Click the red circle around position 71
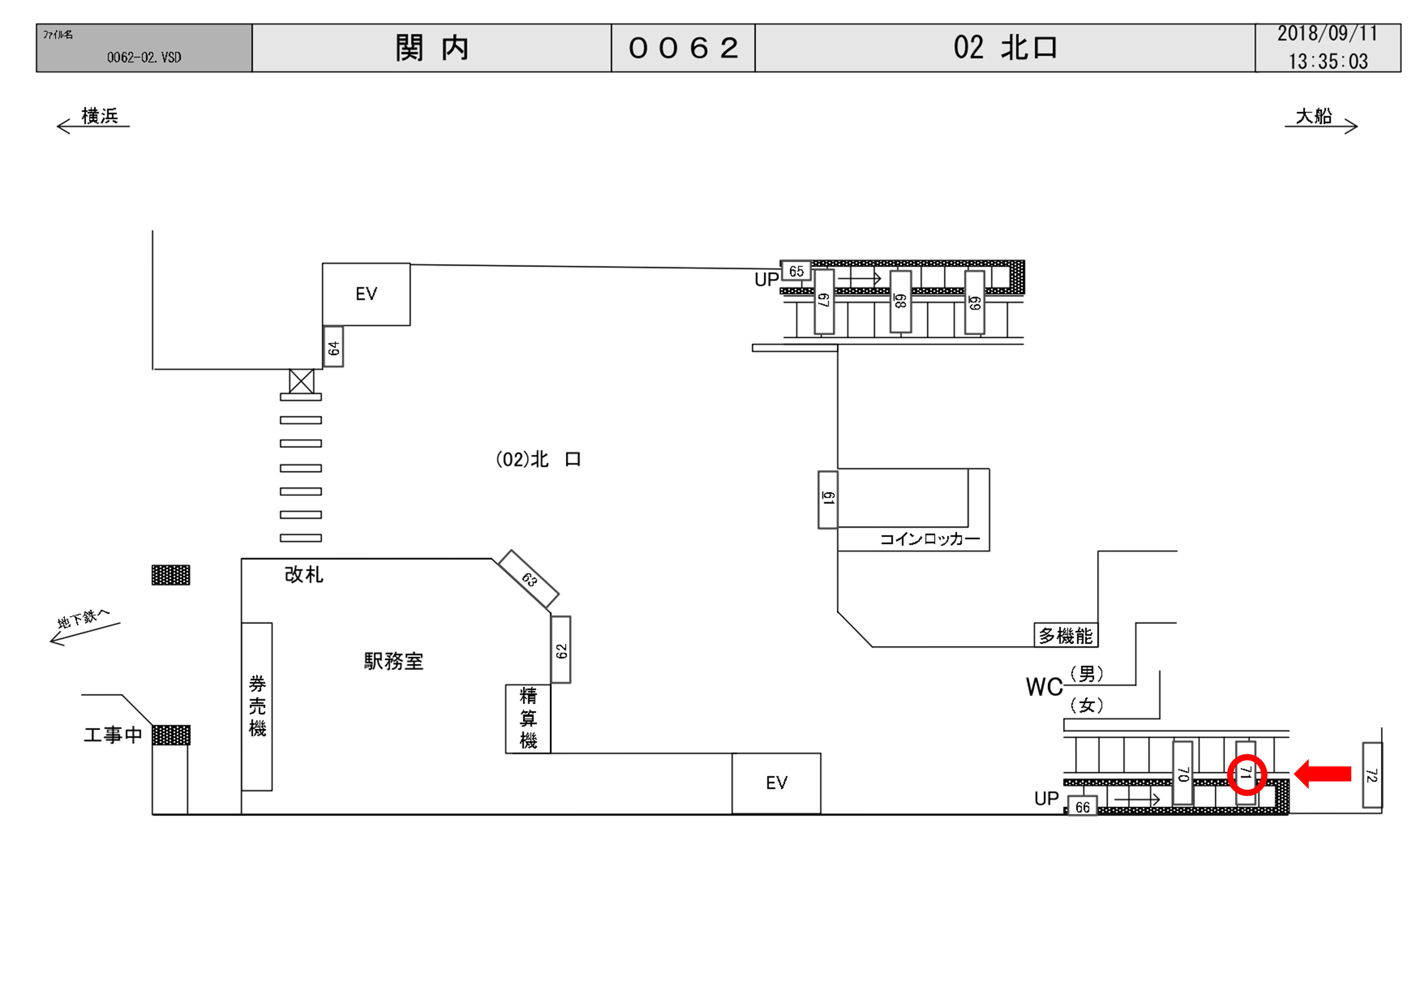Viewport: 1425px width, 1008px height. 1246,774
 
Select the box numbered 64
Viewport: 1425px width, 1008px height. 333,347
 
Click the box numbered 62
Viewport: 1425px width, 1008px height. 561,650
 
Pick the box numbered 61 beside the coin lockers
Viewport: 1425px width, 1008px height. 828,500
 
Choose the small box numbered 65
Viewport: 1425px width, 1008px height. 796,271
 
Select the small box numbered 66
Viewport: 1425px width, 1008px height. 1082,806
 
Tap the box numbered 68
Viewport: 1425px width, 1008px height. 901,302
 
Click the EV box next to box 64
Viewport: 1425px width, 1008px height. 366,294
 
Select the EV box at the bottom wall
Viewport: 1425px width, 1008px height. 777,783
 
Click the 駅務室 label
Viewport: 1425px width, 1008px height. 393,662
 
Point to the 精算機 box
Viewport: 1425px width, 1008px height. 528,719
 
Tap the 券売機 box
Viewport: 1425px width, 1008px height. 257,706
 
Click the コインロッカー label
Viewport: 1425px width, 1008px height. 930,539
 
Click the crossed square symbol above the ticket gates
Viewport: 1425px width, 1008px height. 302,381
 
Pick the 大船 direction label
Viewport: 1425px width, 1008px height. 1313,116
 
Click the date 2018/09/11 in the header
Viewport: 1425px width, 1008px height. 1327,34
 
